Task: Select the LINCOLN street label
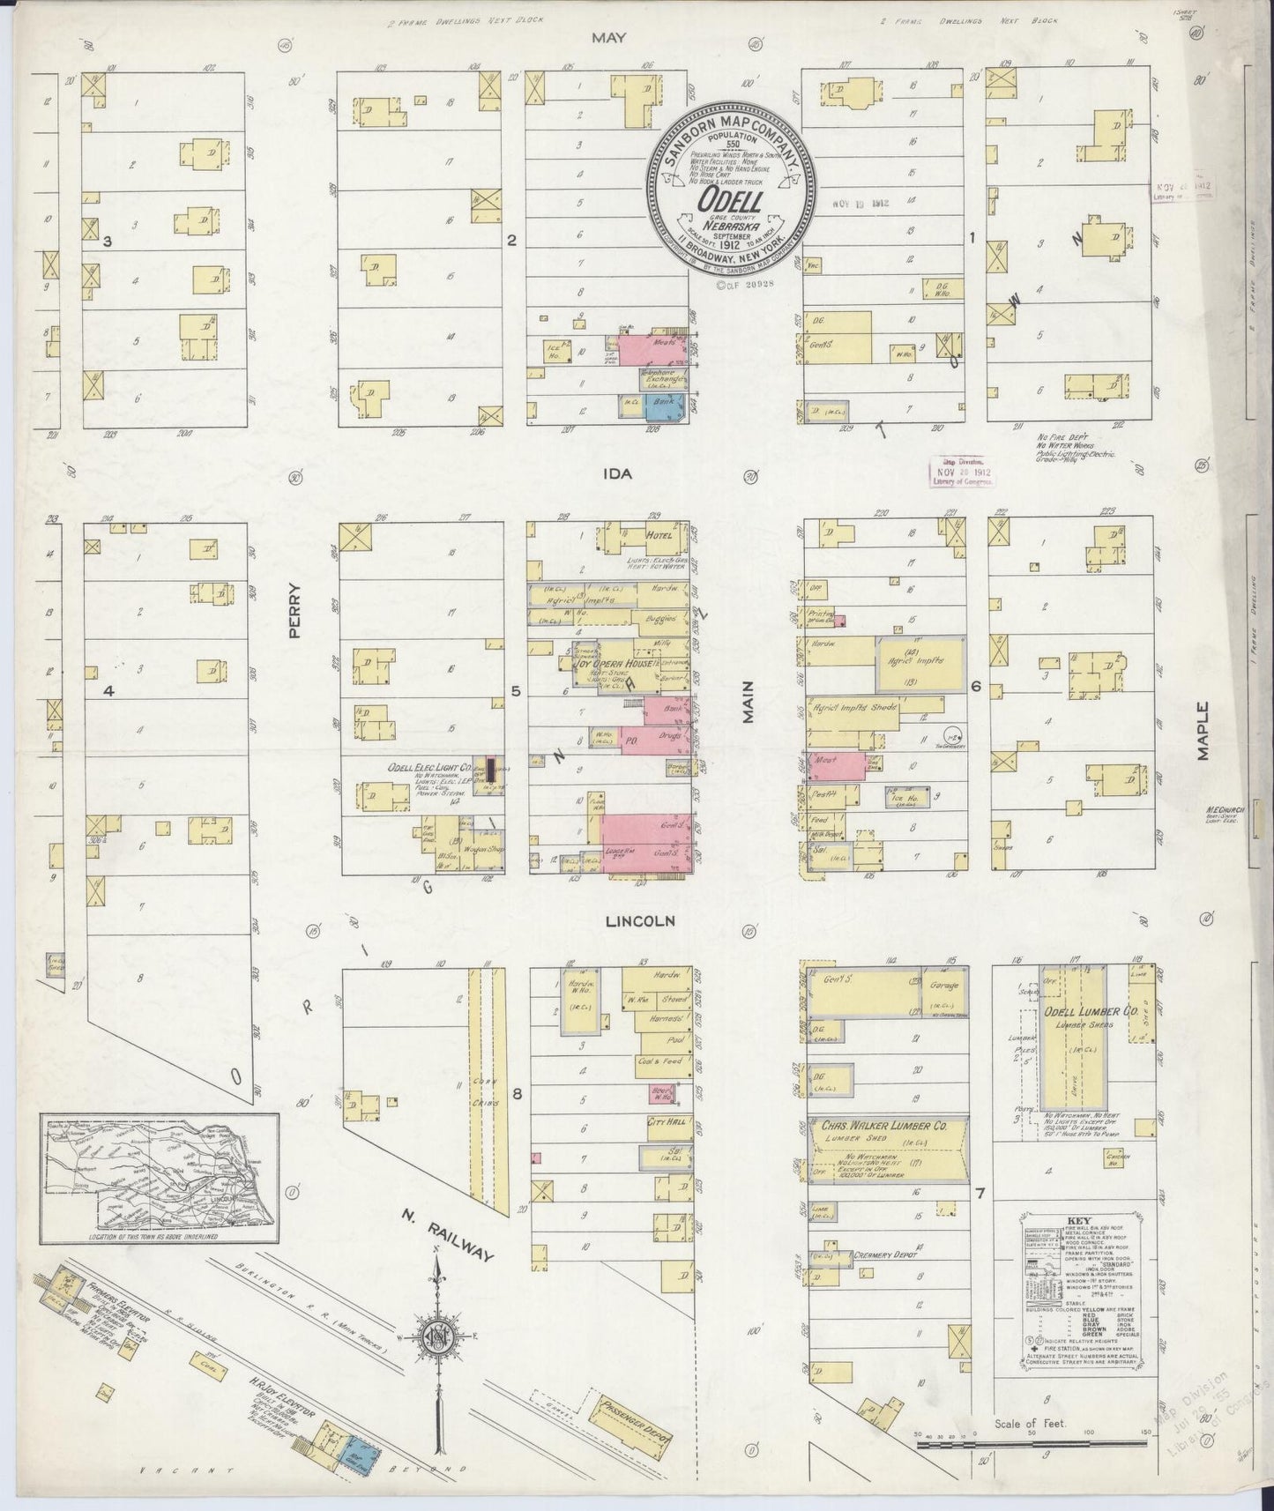[640, 920]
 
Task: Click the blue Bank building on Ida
[667, 406]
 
